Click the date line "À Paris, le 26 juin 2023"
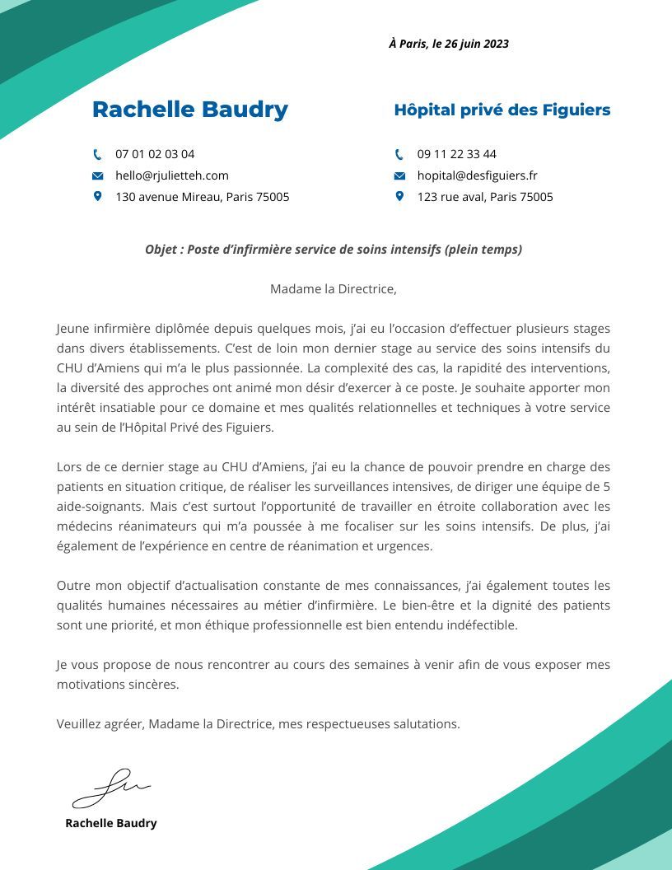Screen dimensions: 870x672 click(449, 44)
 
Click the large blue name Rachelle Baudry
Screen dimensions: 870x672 click(190, 110)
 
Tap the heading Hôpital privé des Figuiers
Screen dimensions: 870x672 click(502, 110)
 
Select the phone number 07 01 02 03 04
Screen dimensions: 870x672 click(155, 154)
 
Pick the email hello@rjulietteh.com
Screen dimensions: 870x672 click(172, 175)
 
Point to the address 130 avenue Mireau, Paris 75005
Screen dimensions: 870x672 click(203, 197)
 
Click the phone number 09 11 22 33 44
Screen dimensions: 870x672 click(457, 154)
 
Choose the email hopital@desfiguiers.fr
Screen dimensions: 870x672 click(478, 175)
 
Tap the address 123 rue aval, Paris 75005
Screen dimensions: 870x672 click(485, 197)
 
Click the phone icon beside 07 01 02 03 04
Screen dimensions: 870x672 click(98, 154)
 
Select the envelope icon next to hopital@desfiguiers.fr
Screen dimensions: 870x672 click(400, 175)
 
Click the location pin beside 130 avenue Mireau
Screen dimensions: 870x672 click(98, 196)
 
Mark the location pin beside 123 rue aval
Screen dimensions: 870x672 click(400, 196)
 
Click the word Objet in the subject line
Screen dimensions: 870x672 click(160, 250)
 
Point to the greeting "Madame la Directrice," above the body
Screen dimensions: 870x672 click(334, 289)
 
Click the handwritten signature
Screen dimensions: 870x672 click(111, 788)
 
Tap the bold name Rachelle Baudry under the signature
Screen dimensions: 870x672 click(111, 823)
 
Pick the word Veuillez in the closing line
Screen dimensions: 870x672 click(79, 724)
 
